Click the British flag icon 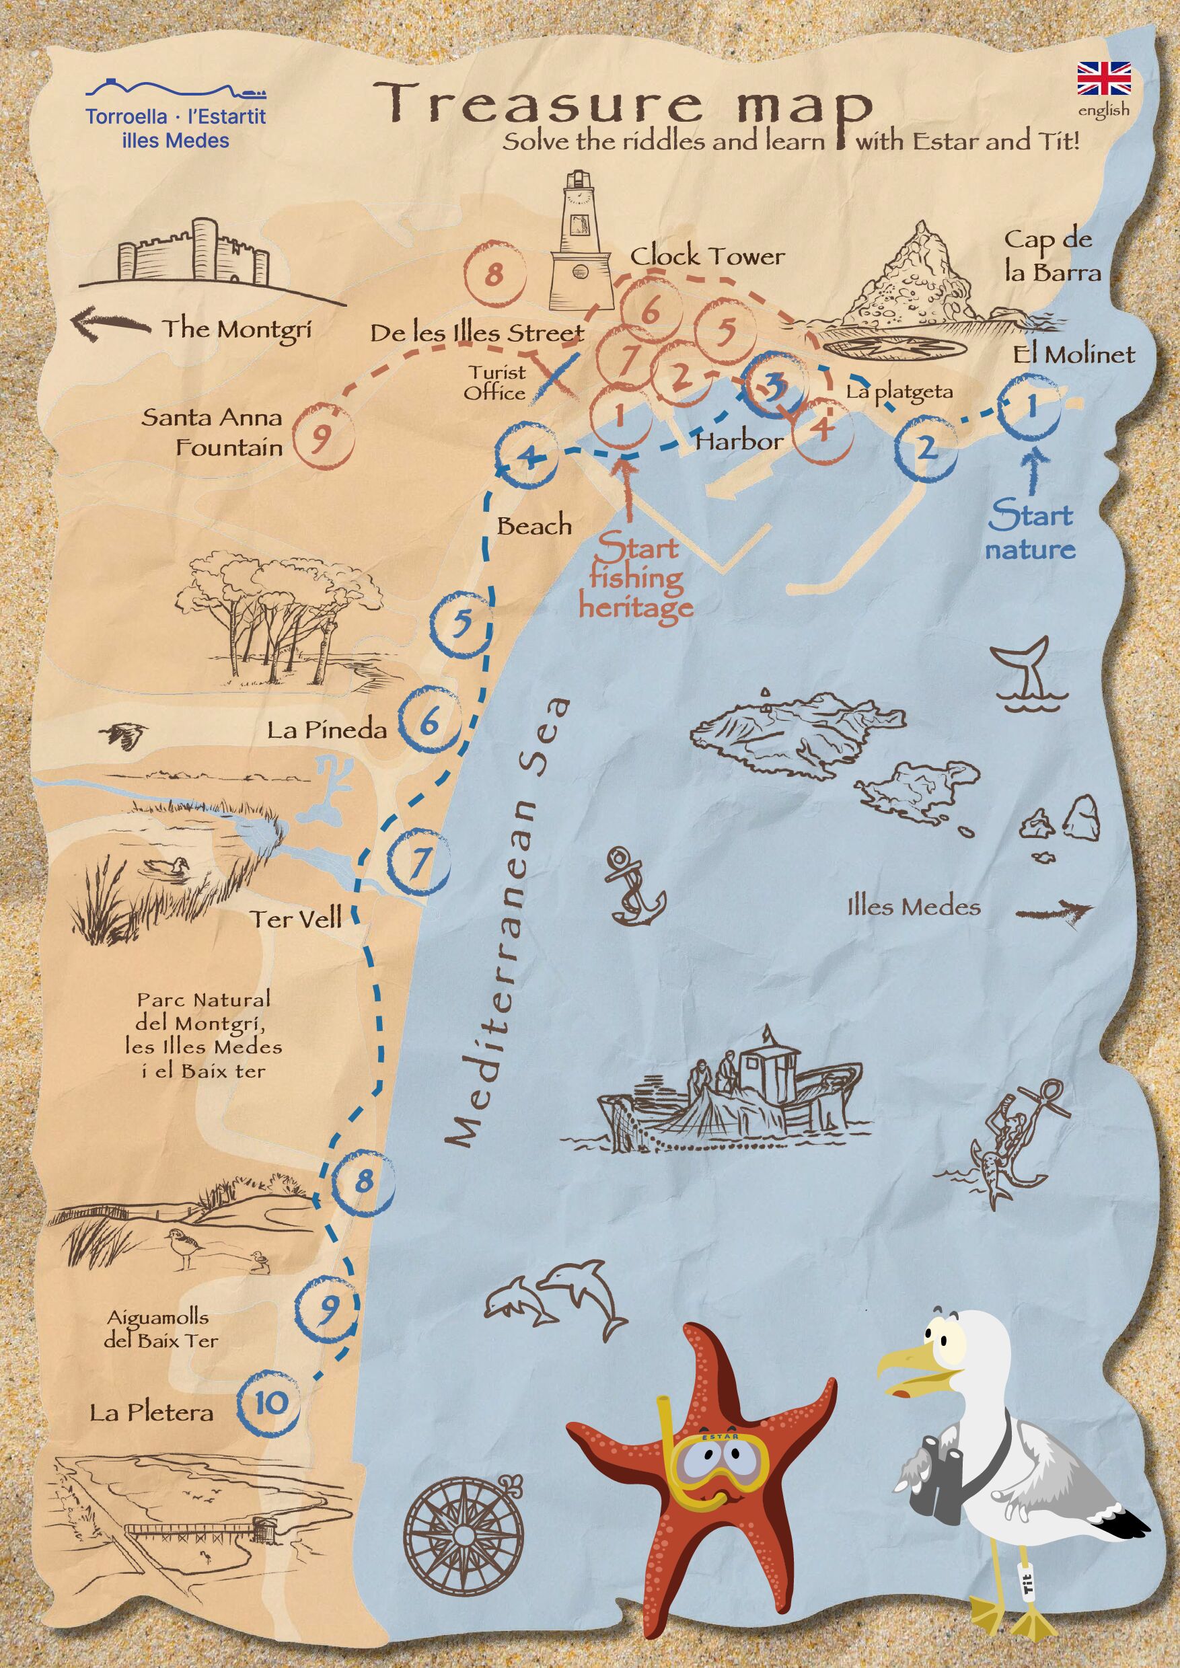pyautogui.click(x=1104, y=79)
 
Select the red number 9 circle pyautogui.click(x=323, y=436)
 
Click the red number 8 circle pyautogui.click(x=494, y=275)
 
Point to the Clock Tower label pyautogui.click(x=707, y=256)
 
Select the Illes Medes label pyautogui.click(x=914, y=907)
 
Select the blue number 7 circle pyautogui.click(x=419, y=862)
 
